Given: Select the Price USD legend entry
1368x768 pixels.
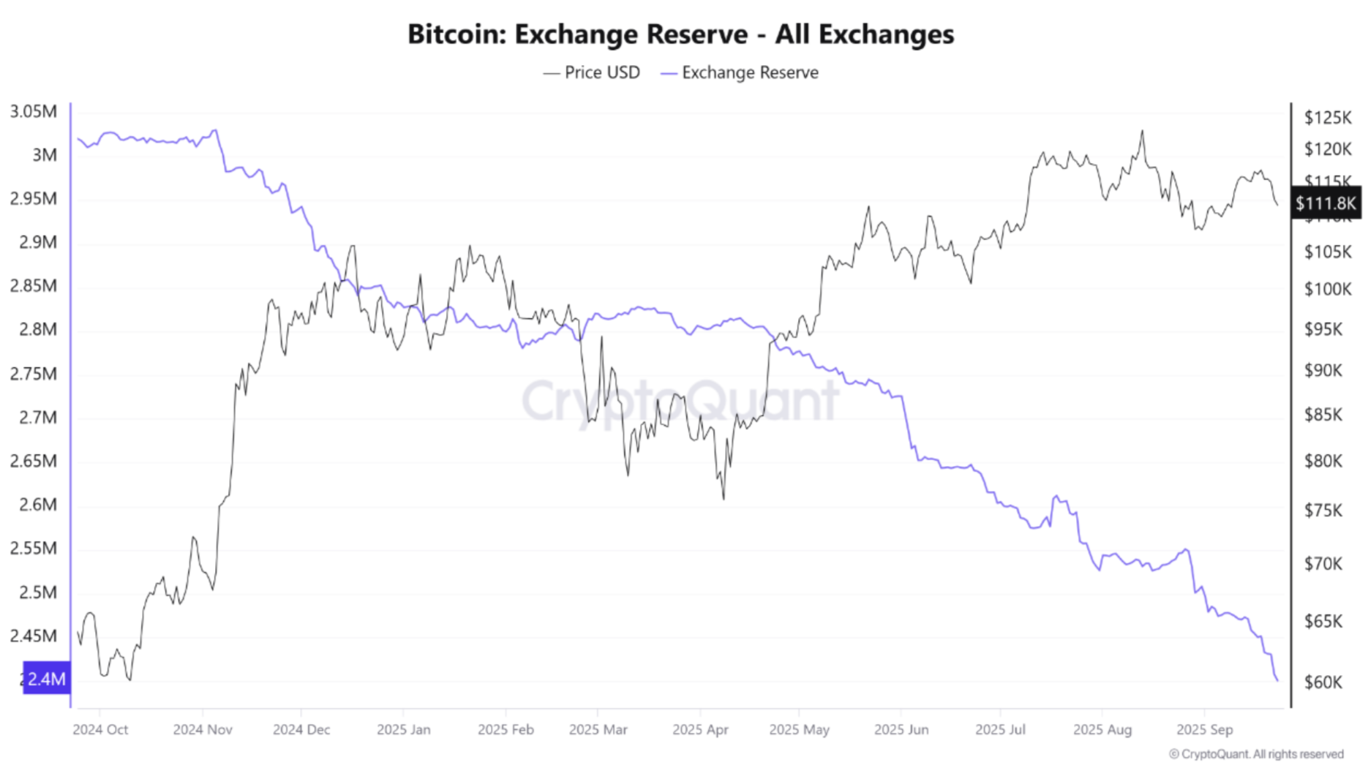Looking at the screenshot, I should tap(592, 72).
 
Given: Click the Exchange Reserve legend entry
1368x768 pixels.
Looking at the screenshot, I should tap(740, 72).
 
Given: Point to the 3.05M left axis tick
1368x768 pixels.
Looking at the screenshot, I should tap(34, 112).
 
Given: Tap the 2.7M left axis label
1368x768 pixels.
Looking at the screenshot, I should tap(34, 418).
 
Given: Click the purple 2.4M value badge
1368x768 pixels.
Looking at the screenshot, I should tap(47, 679).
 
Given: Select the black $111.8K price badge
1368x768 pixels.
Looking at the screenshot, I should tap(1325, 203).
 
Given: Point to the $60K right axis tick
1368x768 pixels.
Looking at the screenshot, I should tap(1323, 682).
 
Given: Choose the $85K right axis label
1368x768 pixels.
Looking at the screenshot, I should tap(1323, 415).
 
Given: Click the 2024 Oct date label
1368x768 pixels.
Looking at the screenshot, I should tap(100, 729).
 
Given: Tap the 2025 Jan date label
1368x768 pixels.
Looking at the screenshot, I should tap(403, 729).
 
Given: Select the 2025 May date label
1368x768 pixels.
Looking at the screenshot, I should tap(799, 729).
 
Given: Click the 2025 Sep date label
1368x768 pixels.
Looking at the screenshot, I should tap(1204, 729).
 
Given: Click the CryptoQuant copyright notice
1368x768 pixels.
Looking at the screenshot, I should tap(1256, 754).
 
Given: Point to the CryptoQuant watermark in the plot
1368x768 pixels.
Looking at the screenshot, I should tap(680, 400).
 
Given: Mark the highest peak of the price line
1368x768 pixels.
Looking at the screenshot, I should tap(1142, 132).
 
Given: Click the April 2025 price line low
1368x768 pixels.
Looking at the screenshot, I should tap(724, 499).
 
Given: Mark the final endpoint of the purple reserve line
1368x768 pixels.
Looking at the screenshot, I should tap(1278, 681).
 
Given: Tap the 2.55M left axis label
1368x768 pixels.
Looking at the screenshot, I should tap(34, 548).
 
